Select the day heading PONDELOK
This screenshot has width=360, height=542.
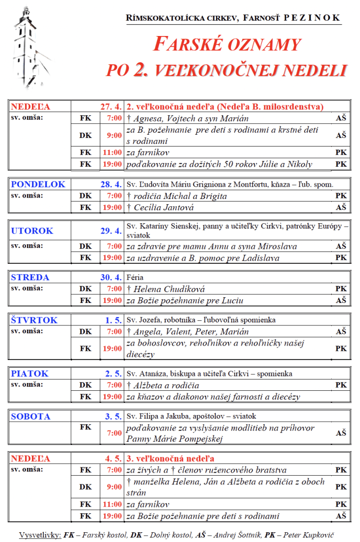[38, 184]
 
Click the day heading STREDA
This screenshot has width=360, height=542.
[30, 278]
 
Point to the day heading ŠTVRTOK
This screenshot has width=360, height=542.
[34, 320]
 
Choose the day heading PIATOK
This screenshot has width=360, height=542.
[30, 374]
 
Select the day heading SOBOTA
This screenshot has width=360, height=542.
[31, 417]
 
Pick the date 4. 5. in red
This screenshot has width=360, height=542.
[114, 458]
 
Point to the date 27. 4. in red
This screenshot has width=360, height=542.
[111, 107]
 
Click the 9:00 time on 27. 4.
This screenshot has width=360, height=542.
[115, 136]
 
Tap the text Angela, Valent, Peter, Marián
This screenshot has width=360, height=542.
[191, 332]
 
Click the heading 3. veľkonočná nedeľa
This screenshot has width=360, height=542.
[170, 458]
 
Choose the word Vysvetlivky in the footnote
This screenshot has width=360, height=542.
[39, 534]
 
